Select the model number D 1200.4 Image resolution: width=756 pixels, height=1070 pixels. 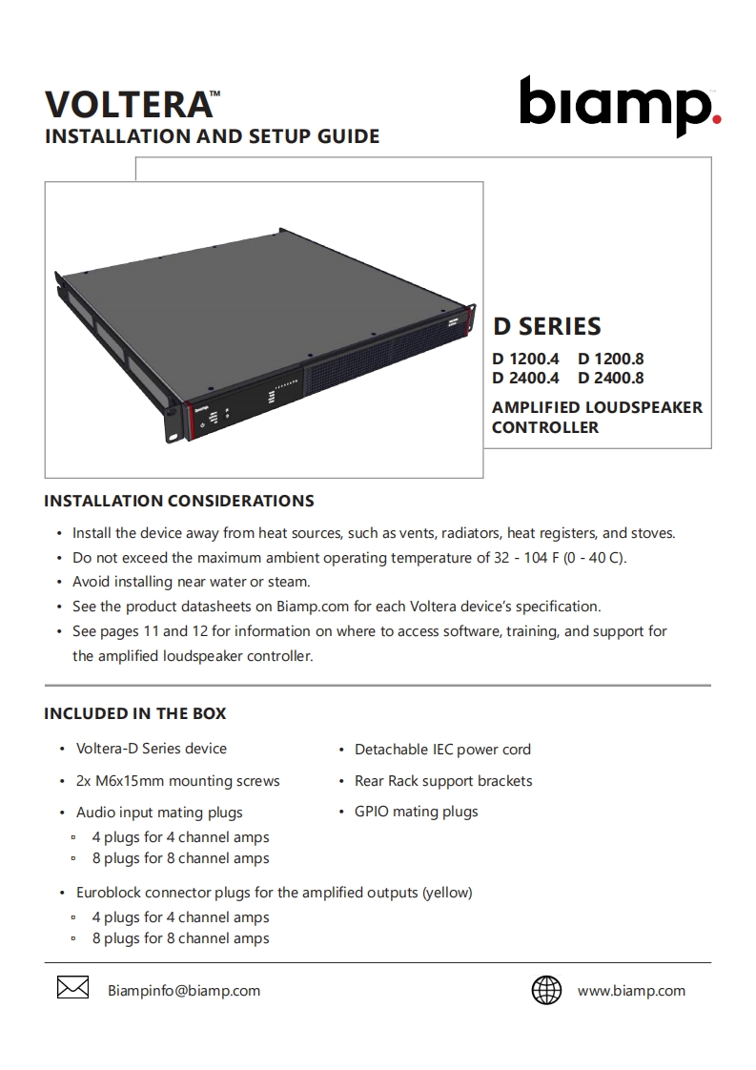[524, 360]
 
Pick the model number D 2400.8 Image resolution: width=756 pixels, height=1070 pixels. [610, 378]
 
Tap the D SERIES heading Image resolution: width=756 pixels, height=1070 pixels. [546, 326]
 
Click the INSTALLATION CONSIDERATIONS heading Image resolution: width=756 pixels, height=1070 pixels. [179, 501]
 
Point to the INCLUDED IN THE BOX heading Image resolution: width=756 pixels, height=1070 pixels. [135, 713]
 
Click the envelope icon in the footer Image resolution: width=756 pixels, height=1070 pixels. [73, 990]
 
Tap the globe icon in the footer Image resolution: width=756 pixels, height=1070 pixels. [546, 990]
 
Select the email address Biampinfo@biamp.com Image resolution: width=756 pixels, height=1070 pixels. [184, 991]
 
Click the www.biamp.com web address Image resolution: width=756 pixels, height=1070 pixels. [631, 991]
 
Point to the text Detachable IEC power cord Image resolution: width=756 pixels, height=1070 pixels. [442, 750]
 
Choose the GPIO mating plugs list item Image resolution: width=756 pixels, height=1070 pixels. [416, 812]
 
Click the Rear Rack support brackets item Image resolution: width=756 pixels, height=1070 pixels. [443, 781]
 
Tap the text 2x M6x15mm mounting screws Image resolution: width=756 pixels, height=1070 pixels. [177, 781]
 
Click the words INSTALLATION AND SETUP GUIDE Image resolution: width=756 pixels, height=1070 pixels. [212, 136]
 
